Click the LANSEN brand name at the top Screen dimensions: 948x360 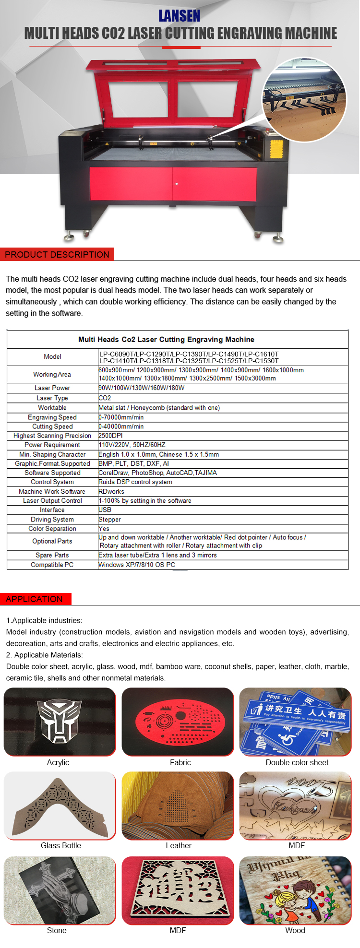[x=180, y=16]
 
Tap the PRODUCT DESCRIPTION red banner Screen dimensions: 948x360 [x=57, y=254]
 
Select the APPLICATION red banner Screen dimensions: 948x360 [x=35, y=599]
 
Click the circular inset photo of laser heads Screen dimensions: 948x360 [x=304, y=100]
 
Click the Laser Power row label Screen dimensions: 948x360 [x=52, y=388]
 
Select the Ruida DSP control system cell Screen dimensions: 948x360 [x=135, y=482]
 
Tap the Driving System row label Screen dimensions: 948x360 [x=52, y=519]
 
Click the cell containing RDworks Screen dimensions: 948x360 [x=111, y=491]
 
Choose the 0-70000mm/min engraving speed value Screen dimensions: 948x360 [x=121, y=417]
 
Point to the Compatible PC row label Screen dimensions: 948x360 [x=52, y=565]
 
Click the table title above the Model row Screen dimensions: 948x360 [x=166, y=339]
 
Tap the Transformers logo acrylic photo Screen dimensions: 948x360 [x=60, y=721]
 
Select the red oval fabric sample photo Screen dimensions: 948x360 [x=178, y=721]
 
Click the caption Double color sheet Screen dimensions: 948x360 [x=297, y=762]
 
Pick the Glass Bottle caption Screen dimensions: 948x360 [x=61, y=845]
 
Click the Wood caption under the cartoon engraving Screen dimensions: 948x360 [x=295, y=930]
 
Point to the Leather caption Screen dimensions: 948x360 [x=179, y=845]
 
